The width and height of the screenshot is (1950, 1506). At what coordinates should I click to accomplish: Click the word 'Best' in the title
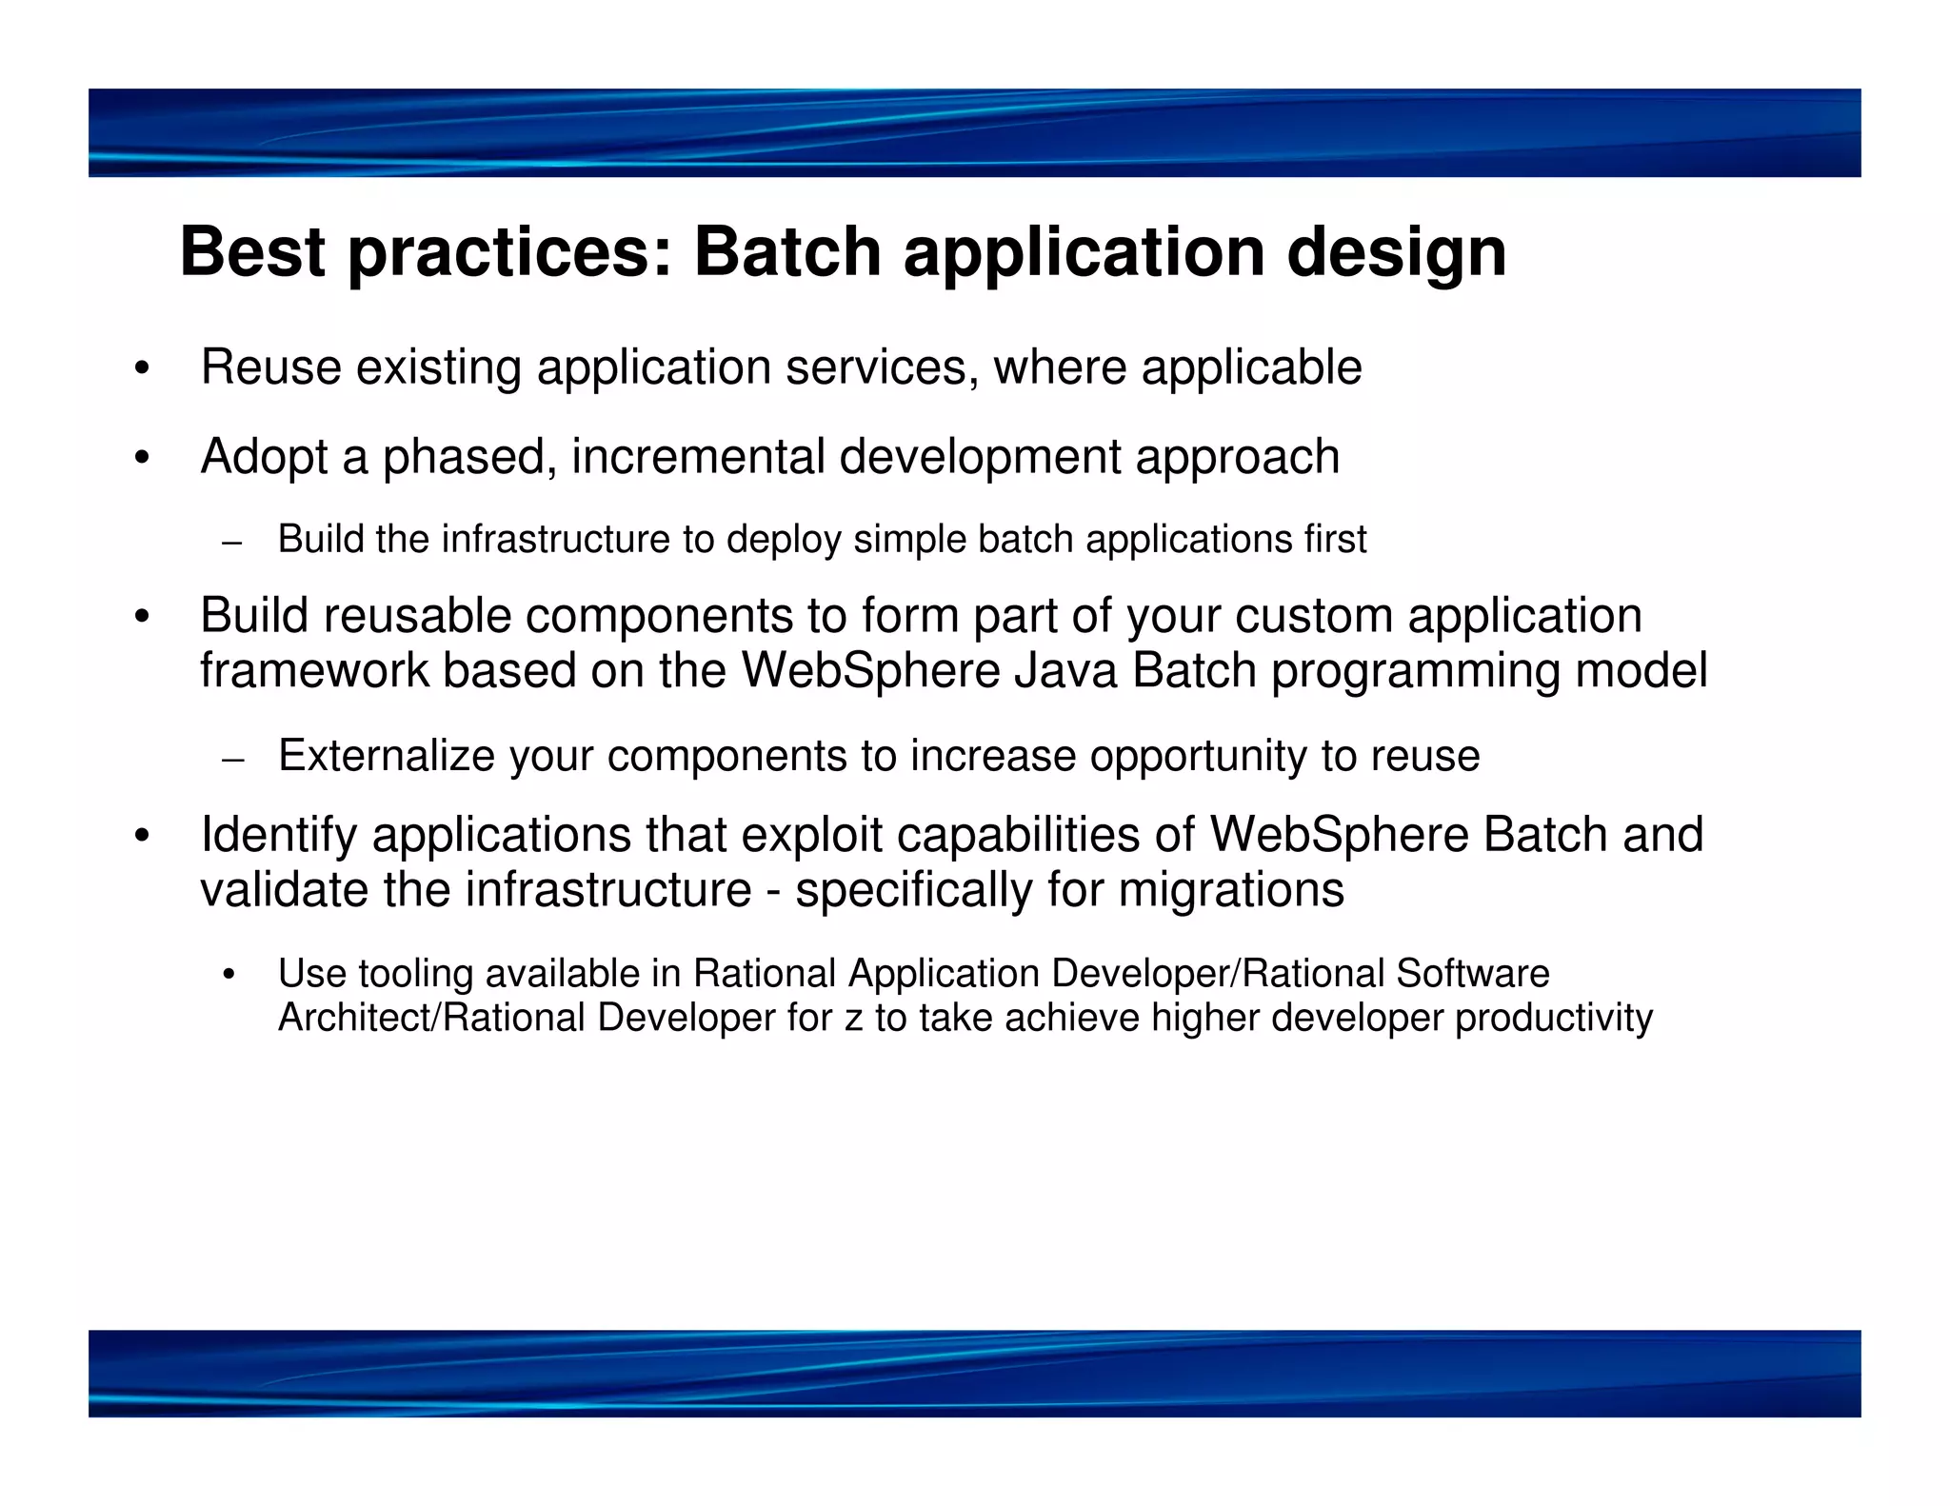tap(252, 252)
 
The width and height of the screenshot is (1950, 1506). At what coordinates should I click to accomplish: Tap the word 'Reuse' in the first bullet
tap(270, 367)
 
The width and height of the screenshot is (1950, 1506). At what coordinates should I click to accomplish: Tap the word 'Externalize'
tap(387, 756)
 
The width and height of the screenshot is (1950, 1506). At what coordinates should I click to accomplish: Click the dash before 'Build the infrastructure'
tap(231, 544)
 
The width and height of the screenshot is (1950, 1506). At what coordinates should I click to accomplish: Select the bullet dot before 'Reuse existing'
tap(142, 369)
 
